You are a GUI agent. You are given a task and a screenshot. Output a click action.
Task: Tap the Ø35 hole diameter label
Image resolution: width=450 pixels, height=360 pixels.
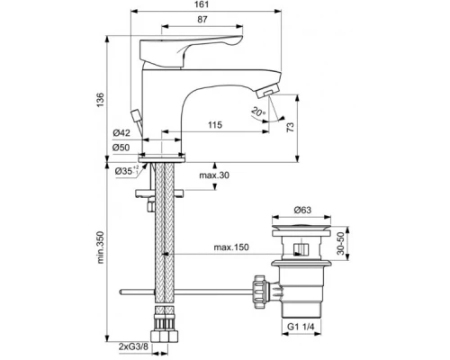pos(122,169)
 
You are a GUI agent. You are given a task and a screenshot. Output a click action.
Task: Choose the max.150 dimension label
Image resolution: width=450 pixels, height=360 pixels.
pos(230,247)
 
